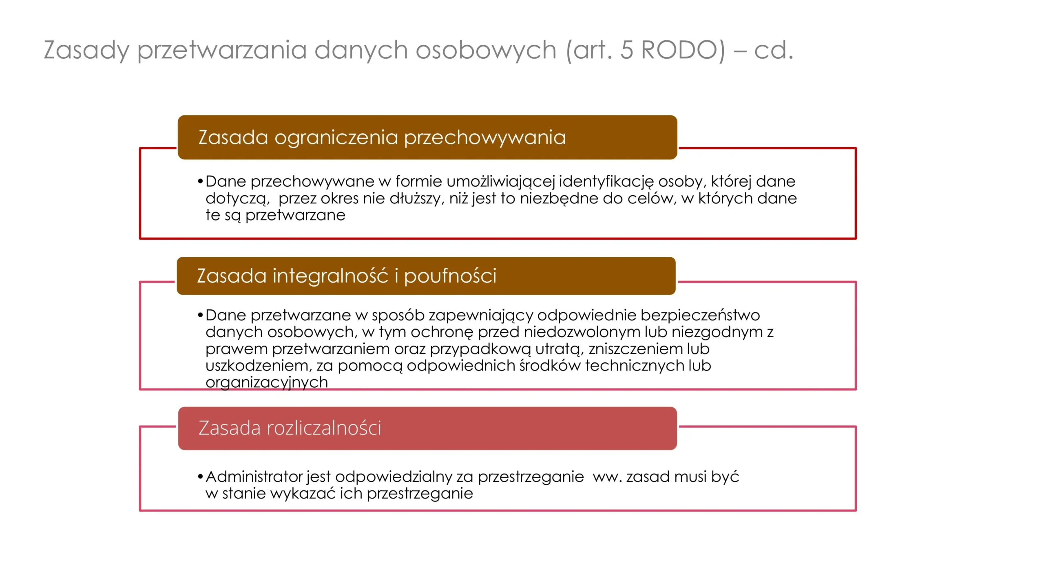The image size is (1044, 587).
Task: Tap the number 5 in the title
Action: (627, 50)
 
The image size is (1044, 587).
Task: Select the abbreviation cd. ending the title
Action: (774, 50)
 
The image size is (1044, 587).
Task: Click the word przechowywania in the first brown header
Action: (485, 138)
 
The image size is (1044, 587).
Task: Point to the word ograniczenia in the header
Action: (336, 138)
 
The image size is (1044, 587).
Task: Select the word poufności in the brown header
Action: (450, 276)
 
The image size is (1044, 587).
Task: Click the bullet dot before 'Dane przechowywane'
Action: (200, 181)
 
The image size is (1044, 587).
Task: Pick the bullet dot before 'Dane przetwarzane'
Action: (200, 315)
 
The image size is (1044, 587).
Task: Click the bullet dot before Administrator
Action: (200, 477)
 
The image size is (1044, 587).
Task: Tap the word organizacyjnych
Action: (266, 383)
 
